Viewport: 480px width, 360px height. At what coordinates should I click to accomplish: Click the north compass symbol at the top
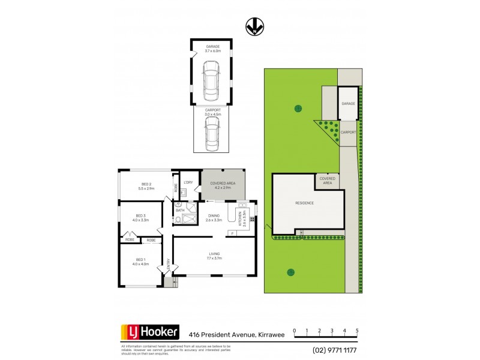(254, 26)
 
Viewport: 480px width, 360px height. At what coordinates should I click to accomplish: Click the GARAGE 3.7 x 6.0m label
(213, 49)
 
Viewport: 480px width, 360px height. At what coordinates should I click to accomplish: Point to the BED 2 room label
(146, 186)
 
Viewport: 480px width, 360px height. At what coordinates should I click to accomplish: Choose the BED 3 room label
(141, 218)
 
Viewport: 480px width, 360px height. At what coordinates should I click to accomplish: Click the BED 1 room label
(140, 262)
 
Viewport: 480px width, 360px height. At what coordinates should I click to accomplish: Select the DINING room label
(214, 218)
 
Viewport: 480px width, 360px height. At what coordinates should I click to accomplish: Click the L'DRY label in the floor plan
(188, 182)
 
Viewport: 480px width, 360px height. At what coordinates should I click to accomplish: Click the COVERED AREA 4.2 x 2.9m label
(222, 185)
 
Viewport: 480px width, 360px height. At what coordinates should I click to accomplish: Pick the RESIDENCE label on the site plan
(304, 203)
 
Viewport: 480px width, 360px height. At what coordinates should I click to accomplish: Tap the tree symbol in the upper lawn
(298, 109)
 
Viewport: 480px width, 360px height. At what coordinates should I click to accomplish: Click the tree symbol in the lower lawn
(290, 272)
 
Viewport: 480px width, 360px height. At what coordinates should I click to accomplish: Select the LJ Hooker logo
(151, 332)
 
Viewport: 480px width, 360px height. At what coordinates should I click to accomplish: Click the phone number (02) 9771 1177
(334, 350)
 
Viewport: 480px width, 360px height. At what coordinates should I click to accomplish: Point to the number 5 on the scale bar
(357, 331)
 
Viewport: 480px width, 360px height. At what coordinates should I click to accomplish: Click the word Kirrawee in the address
(271, 334)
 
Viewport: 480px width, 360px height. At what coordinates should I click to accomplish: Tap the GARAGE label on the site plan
(349, 103)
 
